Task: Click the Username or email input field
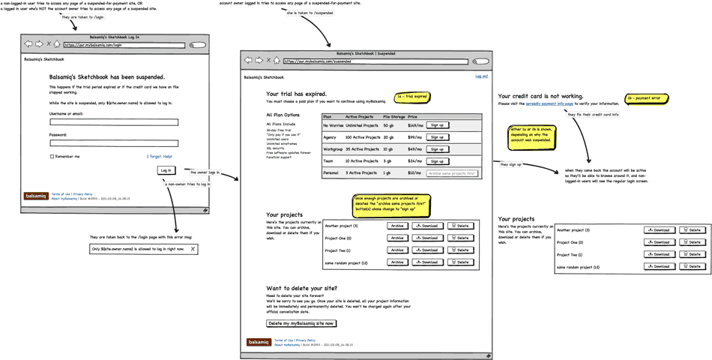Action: click(114, 121)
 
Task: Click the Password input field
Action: click(114, 142)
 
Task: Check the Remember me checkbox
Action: click(52, 157)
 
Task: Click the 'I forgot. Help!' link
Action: click(159, 157)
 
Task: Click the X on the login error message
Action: click(193, 249)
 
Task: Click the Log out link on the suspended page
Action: click(481, 76)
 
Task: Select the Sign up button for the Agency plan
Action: click(437, 137)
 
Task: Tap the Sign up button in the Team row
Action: click(437, 161)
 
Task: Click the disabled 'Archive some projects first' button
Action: click(452, 173)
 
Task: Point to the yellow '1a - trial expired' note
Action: click(412, 97)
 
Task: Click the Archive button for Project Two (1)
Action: click(397, 250)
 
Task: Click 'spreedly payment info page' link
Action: click(549, 104)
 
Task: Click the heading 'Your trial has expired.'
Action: click(296, 94)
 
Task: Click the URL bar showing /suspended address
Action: click(375, 61)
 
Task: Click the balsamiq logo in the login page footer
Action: click(35, 196)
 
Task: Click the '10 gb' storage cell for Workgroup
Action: click(388, 149)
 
